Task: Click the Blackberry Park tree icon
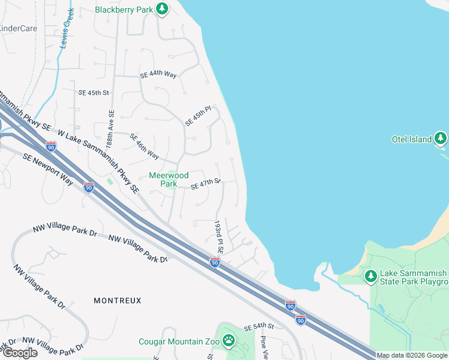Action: (x=161, y=9)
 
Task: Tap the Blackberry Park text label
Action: (x=124, y=10)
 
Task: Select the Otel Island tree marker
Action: (x=441, y=139)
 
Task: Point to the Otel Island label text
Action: (x=412, y=139)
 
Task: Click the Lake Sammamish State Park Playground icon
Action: (x=371, y=276)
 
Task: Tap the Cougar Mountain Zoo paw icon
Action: (x=228, y=341)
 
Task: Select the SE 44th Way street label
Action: (x=158, y=75)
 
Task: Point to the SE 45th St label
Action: (x=93, y=93)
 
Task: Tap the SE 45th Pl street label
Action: (x=199, y=115)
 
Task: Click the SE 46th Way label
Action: (x=145, y=146)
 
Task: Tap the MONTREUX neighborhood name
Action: (x=118, y=300)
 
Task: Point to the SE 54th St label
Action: (x=259, y=326)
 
